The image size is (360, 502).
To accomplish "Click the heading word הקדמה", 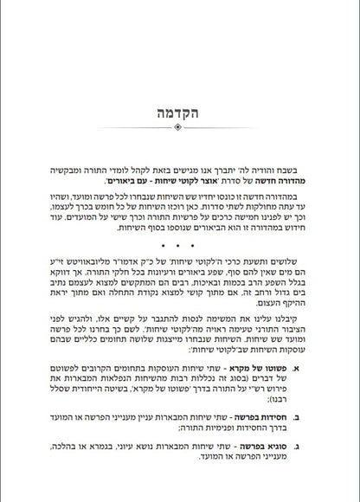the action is [180, 113].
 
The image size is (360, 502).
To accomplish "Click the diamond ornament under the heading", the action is [180, 127].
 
